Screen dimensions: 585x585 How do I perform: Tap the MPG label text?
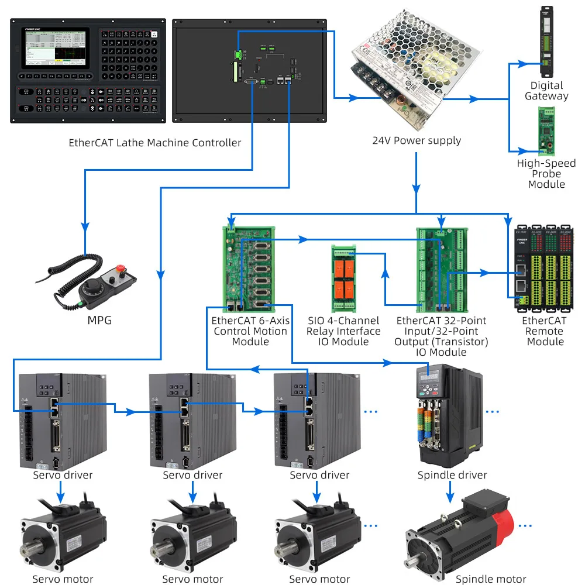pyautogui.click(x=99, y=321)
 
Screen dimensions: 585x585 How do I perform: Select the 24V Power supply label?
pyautogui.click(x=417, y=140)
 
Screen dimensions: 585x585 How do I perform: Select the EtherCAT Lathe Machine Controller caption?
pyautogui.click(x=154, y=143)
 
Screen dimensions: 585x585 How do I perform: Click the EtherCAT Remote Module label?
pyautogui.click(x=545, y=331)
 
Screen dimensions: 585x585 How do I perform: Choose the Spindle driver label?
pyautogui.click(x=452, y=475)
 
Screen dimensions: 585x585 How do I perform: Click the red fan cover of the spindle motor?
pyautogui.click(x=503, y=518)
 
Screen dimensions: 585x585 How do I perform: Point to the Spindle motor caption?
pyautogui.click(x=491, y=579)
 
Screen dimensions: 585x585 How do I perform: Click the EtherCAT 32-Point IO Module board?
pyautogui.click(x=440, y=269)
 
